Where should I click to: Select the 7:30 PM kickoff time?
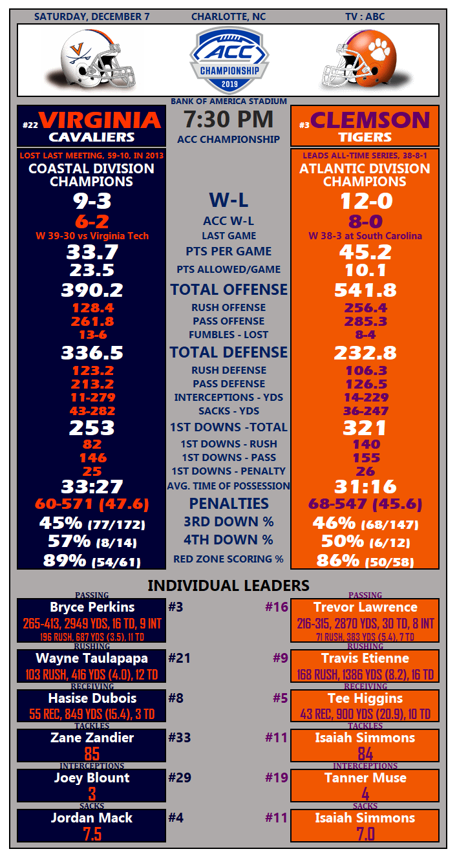point(228,120)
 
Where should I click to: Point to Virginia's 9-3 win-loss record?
point(91,201)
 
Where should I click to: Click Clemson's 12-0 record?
point(366,201)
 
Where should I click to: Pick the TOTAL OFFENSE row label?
point(229,290)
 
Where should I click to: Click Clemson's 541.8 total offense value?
point(365,290)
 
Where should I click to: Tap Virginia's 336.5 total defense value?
point(92,353)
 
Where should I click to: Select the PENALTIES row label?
point(229,503)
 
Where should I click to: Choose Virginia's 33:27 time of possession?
point(92,486)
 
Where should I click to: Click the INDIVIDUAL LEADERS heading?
point(229,586)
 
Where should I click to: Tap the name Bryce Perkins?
point(92,607)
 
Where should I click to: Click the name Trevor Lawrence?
point(365,607)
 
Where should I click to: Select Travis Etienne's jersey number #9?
point(280,658)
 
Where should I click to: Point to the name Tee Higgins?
point(365,698)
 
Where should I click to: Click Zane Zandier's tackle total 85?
point(92,754)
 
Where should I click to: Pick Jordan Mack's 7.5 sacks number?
point(92,834)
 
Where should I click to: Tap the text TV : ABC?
point(365,17)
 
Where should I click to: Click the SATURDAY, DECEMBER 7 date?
point(92,17)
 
